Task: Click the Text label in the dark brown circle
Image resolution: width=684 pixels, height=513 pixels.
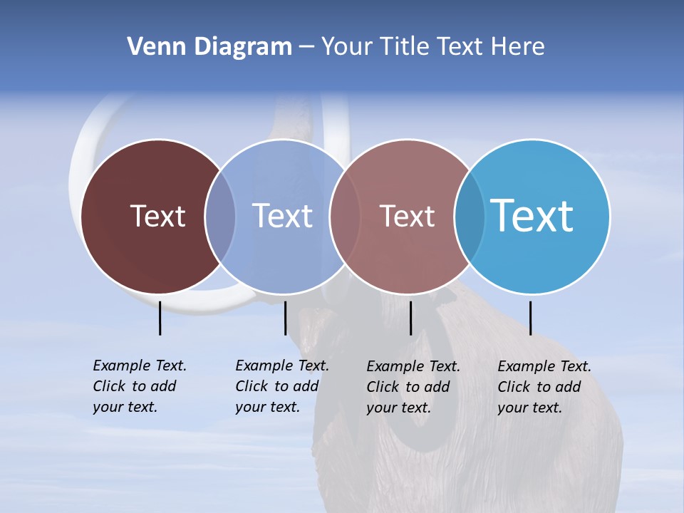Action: tap(157, 216)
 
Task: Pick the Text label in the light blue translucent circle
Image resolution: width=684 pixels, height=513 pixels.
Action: tap(282, 216)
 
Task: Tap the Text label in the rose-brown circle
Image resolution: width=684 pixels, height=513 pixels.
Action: tap(407, 216)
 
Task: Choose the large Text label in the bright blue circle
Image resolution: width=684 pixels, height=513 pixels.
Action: tap(532, 216)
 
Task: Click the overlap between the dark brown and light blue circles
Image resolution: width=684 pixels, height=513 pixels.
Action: tap(220, 216)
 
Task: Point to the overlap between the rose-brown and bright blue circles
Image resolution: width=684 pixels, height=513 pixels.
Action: tap(469, 216)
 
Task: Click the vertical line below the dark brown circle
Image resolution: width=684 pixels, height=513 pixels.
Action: tap(160, 318)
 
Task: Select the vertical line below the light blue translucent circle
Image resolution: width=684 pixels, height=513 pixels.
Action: tap(285, 318)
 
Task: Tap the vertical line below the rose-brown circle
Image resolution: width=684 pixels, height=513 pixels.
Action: tap(410, 318)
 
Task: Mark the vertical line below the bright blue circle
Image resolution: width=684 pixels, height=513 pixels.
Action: tap(530, 318)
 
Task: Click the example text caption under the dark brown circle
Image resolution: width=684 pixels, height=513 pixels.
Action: tap(140, 386)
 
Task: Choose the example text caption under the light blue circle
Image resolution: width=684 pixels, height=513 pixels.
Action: tap(282, 386)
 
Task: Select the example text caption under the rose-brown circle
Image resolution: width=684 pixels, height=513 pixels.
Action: tap(413, 387)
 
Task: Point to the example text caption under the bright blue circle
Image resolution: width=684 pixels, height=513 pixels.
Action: tap(544, 387)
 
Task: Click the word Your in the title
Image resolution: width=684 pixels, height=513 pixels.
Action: tap(348, 47)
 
